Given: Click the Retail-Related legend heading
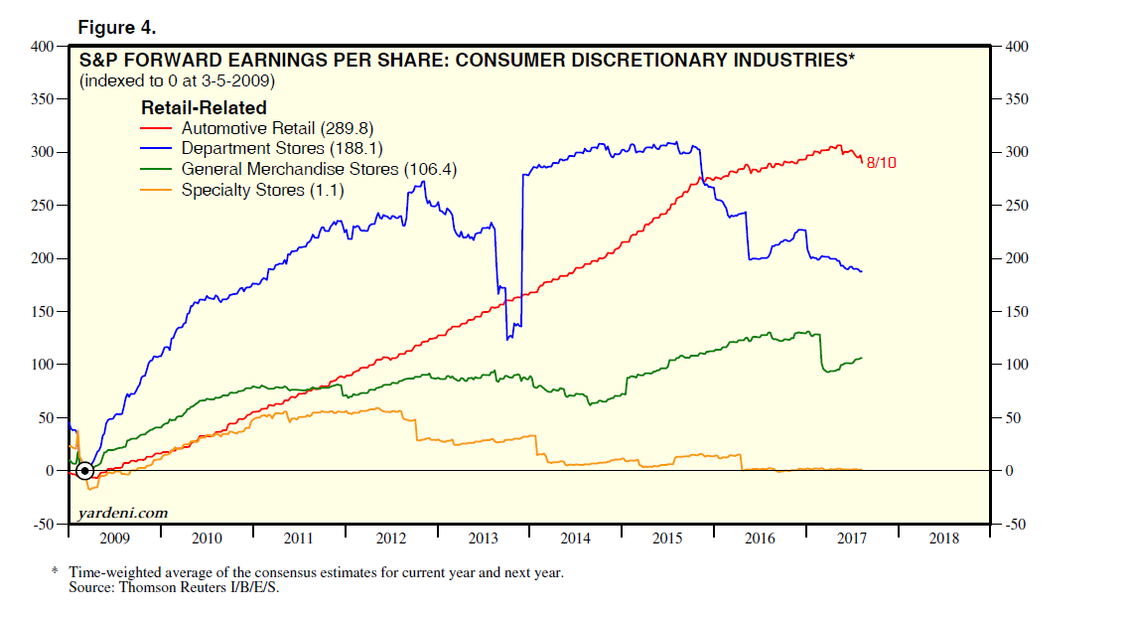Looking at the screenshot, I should pyautogui.click(x=204, y=107).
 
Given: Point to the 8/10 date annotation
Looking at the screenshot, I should pyautogui.click(x=882, y=162).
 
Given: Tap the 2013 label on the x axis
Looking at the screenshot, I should pyautogui.click(x=484, y=539).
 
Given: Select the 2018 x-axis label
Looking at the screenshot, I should pyautogui.click(x=943, y=539).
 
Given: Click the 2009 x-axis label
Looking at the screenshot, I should pyautogui.click(x=115, y=539).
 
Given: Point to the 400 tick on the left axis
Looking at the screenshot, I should pyautogui.click(x=44, y=47).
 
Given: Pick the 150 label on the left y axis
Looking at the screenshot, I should pyautogui.click(x=44, y=312).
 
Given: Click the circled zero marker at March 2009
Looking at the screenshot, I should pyautogui.click(x=85, y=470).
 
